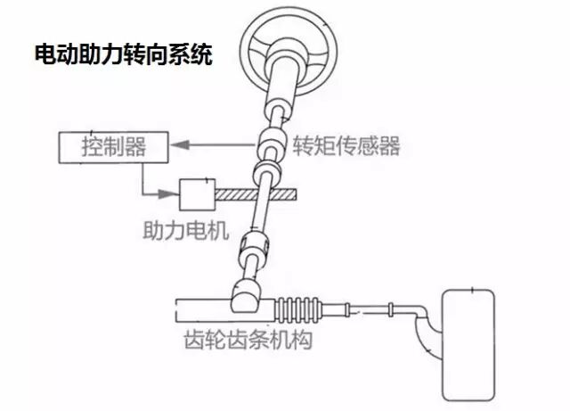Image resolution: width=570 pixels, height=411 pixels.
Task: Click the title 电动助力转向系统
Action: [x=122, y=55]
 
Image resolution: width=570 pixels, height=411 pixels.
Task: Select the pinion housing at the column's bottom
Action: [x=247, y=293]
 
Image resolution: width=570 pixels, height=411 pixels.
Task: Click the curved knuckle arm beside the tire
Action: [x=426, y=330]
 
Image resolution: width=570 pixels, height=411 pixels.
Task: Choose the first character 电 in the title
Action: [x=43, y=55]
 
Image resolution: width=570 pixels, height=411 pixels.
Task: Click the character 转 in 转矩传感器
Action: [x=303, y=145]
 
